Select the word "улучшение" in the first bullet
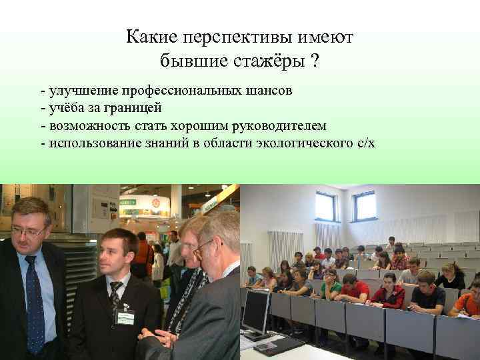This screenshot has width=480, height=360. (76, 90)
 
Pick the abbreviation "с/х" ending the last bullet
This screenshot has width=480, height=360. (363, 143)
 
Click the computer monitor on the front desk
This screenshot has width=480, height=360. (256, 311)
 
